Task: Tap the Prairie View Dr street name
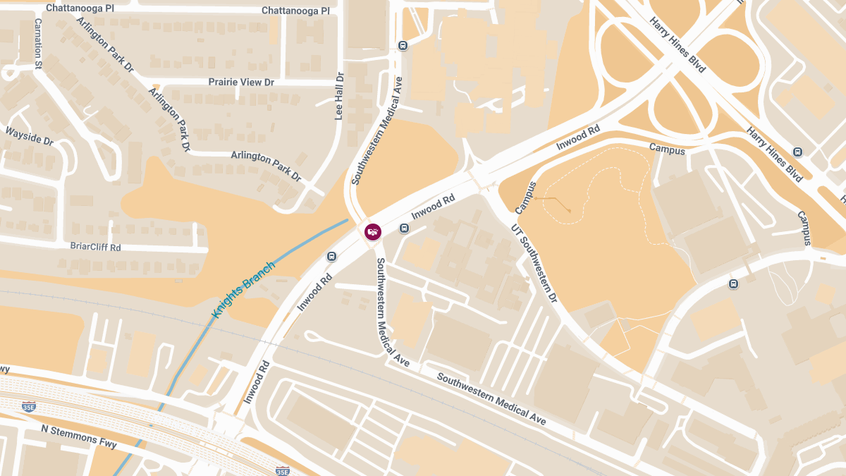point(241,83)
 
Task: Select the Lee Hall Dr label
point(339,96)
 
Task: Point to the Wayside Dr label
point(30,135)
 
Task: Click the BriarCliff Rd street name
point(96,248)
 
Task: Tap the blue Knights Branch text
point(243,288)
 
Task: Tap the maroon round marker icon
point(372,231)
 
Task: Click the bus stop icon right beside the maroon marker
point(404,228)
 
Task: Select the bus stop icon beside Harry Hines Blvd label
point(797,152)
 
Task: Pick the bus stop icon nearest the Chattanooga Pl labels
point(403,46)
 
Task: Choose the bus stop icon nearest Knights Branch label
point(331,256)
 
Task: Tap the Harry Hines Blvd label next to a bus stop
point(774,154)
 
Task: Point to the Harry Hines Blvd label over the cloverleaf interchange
point(678,44)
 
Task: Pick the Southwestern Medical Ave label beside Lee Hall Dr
point(376,130)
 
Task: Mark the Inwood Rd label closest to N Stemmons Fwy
point(257,382)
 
